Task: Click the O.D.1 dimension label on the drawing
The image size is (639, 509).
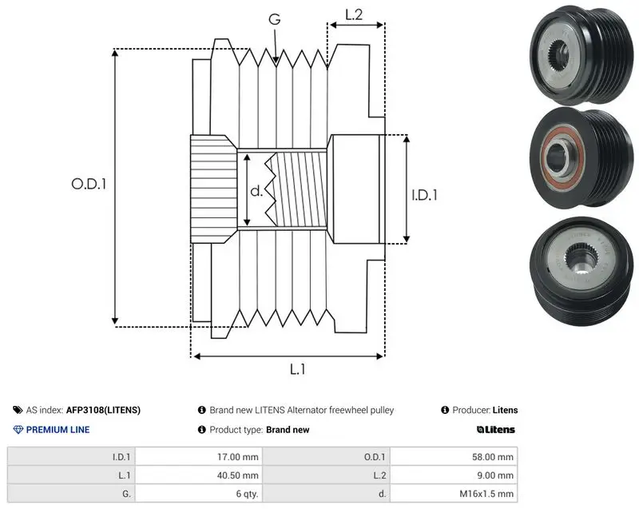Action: (x=89, y=185)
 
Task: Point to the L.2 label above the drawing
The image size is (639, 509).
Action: (x=354, y=14)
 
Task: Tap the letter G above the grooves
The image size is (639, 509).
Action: (x=275, y=18)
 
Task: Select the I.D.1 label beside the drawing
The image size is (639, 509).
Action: (x=424, y=195)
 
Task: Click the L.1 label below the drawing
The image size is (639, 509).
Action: (x=297, y=369)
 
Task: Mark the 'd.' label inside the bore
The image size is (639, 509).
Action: (x=256, y=190)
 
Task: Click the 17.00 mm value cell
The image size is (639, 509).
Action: (x=198, y=457)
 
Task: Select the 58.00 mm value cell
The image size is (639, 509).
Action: (x=454, y=457)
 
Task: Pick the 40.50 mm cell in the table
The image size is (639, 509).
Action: (x=198, y=475)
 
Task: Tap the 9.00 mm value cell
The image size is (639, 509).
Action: (x=454, y=475)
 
